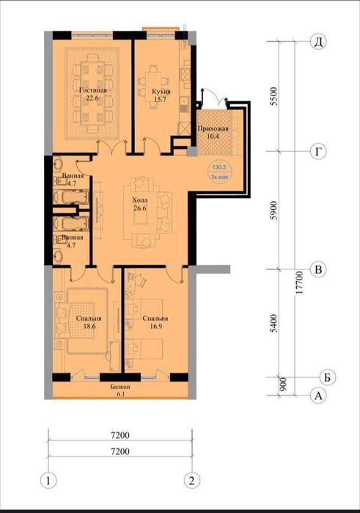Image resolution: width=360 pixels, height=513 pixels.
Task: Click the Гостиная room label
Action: [93, 90]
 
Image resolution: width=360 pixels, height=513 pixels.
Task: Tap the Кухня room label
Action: [161, 92]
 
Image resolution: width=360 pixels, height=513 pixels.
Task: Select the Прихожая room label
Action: [213, 128]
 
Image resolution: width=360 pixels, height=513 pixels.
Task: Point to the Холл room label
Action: [139, 200]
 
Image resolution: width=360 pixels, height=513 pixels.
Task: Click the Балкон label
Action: [120, 387]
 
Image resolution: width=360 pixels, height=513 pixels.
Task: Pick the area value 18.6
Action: [89, 326]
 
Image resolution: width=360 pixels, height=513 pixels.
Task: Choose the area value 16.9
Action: [155, 326]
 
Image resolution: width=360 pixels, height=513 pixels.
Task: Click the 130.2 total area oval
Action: [219, 172]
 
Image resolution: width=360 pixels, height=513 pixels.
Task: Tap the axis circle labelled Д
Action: [318, 42]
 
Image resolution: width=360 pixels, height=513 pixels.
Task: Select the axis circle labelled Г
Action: [318, 151]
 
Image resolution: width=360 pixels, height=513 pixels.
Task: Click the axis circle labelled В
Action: [318, 269]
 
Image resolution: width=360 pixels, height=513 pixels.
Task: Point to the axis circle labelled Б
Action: [327, 377]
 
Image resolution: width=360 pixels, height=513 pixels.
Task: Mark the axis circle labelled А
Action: [318, 396]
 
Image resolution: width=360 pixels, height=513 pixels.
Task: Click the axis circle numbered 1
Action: [48, 481]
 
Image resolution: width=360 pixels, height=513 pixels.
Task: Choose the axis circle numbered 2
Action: [191, 481]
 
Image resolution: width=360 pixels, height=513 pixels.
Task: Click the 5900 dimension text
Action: [275, 210]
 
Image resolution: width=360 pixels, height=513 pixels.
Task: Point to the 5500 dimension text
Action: [275, 96]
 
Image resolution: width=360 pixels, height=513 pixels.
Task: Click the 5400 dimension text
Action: [275, 323]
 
